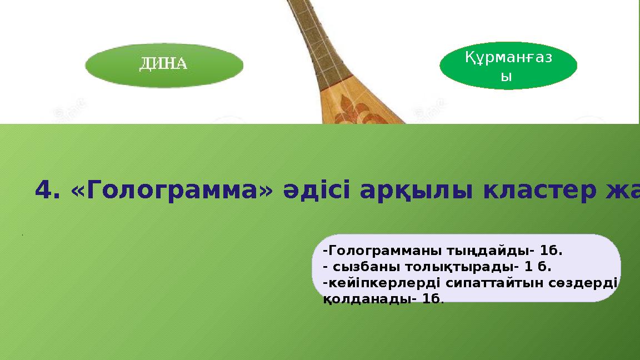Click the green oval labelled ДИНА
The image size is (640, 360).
[164, 65]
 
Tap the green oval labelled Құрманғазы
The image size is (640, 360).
[508, 66]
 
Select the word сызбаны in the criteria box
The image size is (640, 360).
[362, 267]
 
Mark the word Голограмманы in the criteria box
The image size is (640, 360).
[386, 251]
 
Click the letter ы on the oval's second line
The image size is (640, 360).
[505, 77]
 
